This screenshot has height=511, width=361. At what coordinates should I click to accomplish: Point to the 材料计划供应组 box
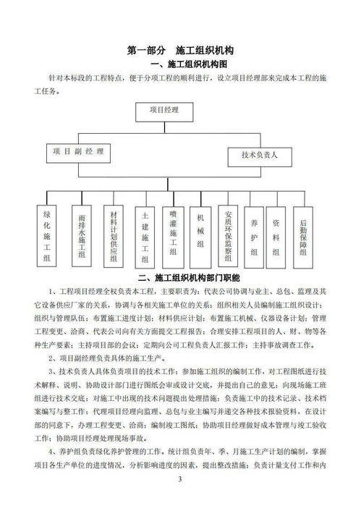pos(113,235)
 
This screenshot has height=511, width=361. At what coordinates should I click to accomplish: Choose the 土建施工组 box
pos(145,235)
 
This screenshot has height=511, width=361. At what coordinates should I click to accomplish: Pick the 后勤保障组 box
pos(304,235)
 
